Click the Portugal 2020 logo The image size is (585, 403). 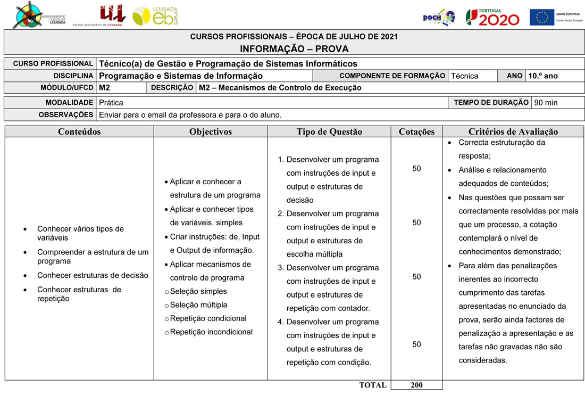point(492,17)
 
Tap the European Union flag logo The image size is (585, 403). point(541,17)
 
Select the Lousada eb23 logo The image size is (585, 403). point(155,16)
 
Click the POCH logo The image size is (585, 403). point(439,17)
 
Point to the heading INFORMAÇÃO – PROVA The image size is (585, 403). point(294,49)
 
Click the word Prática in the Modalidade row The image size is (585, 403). point(111,102)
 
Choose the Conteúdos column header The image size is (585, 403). point(79,131)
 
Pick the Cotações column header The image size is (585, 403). point(416,131)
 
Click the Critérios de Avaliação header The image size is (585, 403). point(513,131)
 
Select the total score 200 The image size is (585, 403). point(416,385)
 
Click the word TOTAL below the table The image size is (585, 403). point(373,385)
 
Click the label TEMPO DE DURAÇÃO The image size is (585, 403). point(491,102)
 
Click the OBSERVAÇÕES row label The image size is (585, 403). point(65,114)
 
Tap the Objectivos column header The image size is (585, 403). point(211,131)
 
